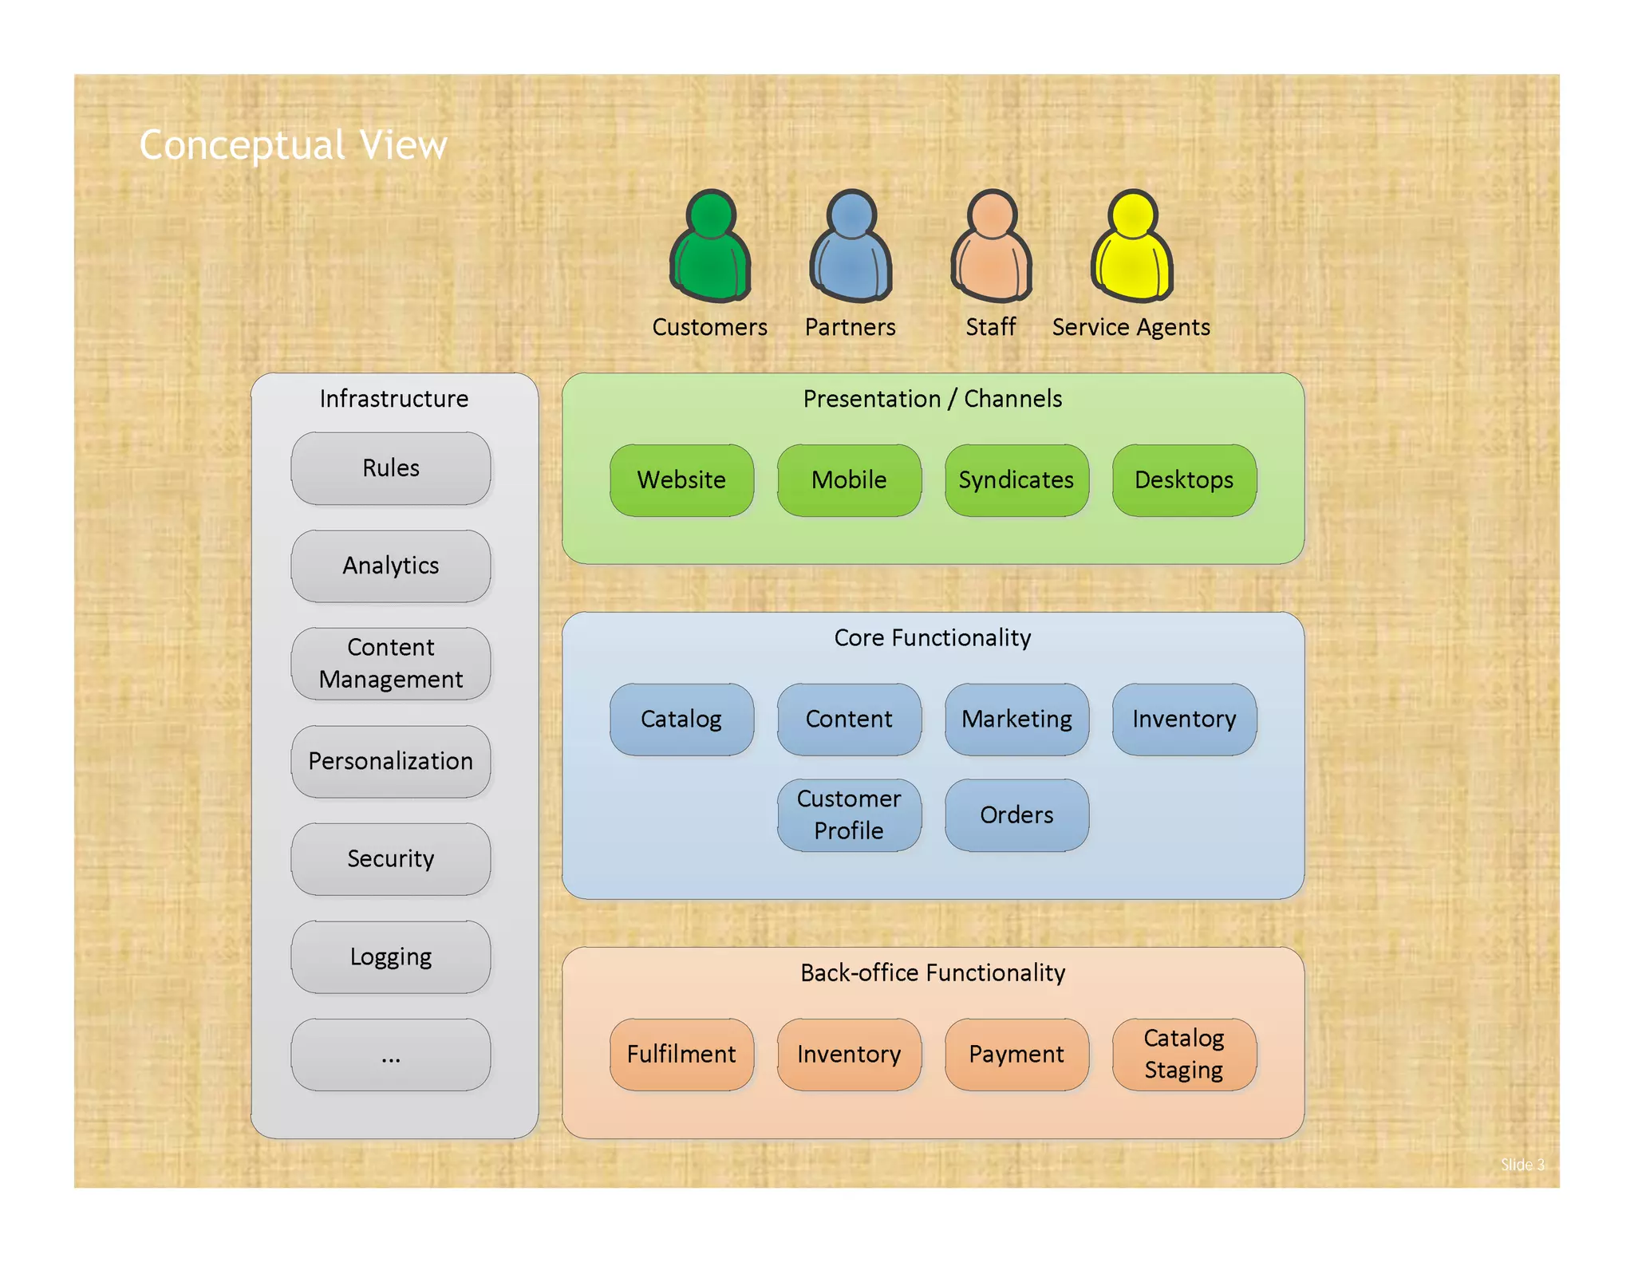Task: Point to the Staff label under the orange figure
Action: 990,327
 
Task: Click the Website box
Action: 681,480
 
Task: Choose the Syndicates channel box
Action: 1016,480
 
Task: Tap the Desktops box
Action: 1184,480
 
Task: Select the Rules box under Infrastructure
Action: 391,468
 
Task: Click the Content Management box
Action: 391,663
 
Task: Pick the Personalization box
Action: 391,761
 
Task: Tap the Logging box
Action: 391,956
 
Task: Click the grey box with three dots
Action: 391,1055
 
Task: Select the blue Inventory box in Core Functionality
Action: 1184,719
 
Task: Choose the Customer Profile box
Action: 849,814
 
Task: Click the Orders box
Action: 1016,814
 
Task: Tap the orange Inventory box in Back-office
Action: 849,1054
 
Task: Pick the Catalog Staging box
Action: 1184,1054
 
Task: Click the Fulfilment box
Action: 681,1054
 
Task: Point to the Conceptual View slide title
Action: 293,145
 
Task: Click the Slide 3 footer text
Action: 1522,1165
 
